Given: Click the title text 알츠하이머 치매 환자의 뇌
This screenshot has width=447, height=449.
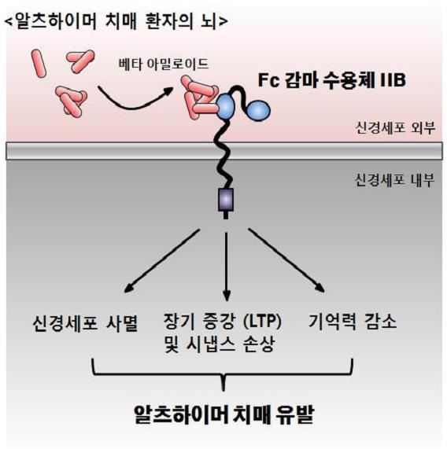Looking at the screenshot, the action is tap(116, 21).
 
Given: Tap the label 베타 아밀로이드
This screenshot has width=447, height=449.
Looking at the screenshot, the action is tap(164, 64).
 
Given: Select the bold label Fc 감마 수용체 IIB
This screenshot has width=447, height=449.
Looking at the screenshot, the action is tap(332, 80).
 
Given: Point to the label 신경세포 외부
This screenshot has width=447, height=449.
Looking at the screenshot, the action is tap(395, 127).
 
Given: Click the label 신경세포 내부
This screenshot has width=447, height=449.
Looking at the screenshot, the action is tap(395, 180).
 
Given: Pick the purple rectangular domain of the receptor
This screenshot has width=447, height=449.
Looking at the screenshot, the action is tap(226, 199).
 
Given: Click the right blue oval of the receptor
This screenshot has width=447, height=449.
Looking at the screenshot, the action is tap(258, 109).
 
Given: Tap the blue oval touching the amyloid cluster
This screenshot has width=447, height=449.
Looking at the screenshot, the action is tap(226, 106).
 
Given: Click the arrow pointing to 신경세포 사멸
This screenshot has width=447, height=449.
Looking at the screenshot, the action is tap(162, 260).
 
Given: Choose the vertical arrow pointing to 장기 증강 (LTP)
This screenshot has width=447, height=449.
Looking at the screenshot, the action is tap(227, 267).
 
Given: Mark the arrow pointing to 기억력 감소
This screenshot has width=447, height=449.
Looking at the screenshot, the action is tap(286, 260).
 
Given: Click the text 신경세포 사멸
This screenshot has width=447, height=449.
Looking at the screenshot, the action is tap(85, 323).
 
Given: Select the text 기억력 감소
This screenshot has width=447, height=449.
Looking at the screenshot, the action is tap(353, 322).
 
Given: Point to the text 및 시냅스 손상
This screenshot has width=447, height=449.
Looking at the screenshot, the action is tap(220, 344).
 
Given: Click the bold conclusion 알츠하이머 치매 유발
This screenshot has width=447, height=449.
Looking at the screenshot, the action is tap(224, 414).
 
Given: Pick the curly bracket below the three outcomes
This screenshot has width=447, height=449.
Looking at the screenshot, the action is tap(223, 374).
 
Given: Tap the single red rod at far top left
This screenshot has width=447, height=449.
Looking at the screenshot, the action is tap(39, 63).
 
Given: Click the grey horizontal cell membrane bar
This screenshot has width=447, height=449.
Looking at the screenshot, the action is tap(224, 151).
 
